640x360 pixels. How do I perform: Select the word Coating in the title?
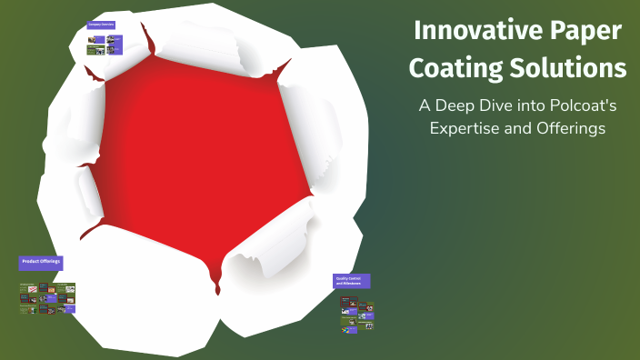pyautogui.click(x=452, y=67)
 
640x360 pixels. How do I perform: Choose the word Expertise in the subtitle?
pyautogui.click(x=468, y=128)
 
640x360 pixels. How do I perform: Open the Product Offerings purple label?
pyautogui.click(x=41, y=262)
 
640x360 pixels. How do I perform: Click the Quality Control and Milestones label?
pyautogui.click(x=352, y=281)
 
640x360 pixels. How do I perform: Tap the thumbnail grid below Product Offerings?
pyautogui.click(x=47, y=298)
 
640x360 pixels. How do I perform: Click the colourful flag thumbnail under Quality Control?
pyautogui.click(x=345, y=328)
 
